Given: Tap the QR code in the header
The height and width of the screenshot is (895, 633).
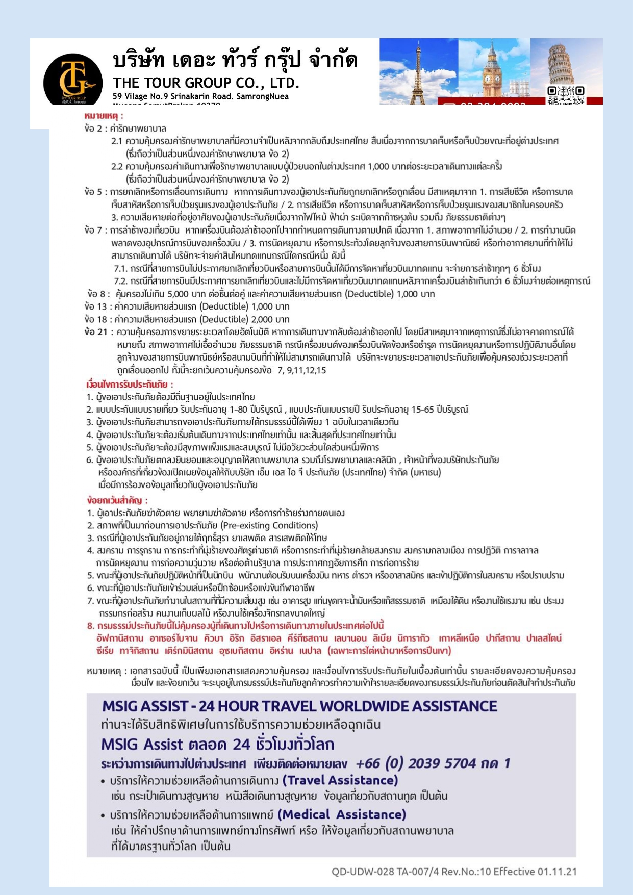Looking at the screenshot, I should point(566,94).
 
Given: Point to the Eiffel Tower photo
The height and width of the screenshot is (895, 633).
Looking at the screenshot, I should point(418,71).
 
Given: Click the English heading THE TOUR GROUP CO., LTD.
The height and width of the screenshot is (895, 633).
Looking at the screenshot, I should point(206,83).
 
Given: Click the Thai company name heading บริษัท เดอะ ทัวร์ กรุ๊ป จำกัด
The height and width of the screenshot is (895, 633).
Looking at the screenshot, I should point(235,60).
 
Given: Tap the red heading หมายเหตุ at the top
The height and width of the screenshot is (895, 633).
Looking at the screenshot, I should point(104,116).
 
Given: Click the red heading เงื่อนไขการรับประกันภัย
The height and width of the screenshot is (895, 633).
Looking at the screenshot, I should point(130,384).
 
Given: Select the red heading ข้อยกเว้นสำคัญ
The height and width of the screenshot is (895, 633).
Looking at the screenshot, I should point(117,500).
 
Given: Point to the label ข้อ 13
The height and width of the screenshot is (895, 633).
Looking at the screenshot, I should point(96,306).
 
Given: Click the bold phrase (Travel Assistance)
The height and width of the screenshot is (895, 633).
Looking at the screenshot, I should point(340,780).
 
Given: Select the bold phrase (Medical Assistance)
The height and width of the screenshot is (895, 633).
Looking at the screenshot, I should point(342,814).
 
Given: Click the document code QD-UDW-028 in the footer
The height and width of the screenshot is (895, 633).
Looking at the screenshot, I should point(363,872).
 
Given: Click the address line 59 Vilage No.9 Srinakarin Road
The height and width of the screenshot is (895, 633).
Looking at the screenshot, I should point(200,96).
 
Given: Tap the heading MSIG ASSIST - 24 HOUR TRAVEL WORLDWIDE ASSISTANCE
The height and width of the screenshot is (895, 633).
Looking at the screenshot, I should point(299,706).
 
